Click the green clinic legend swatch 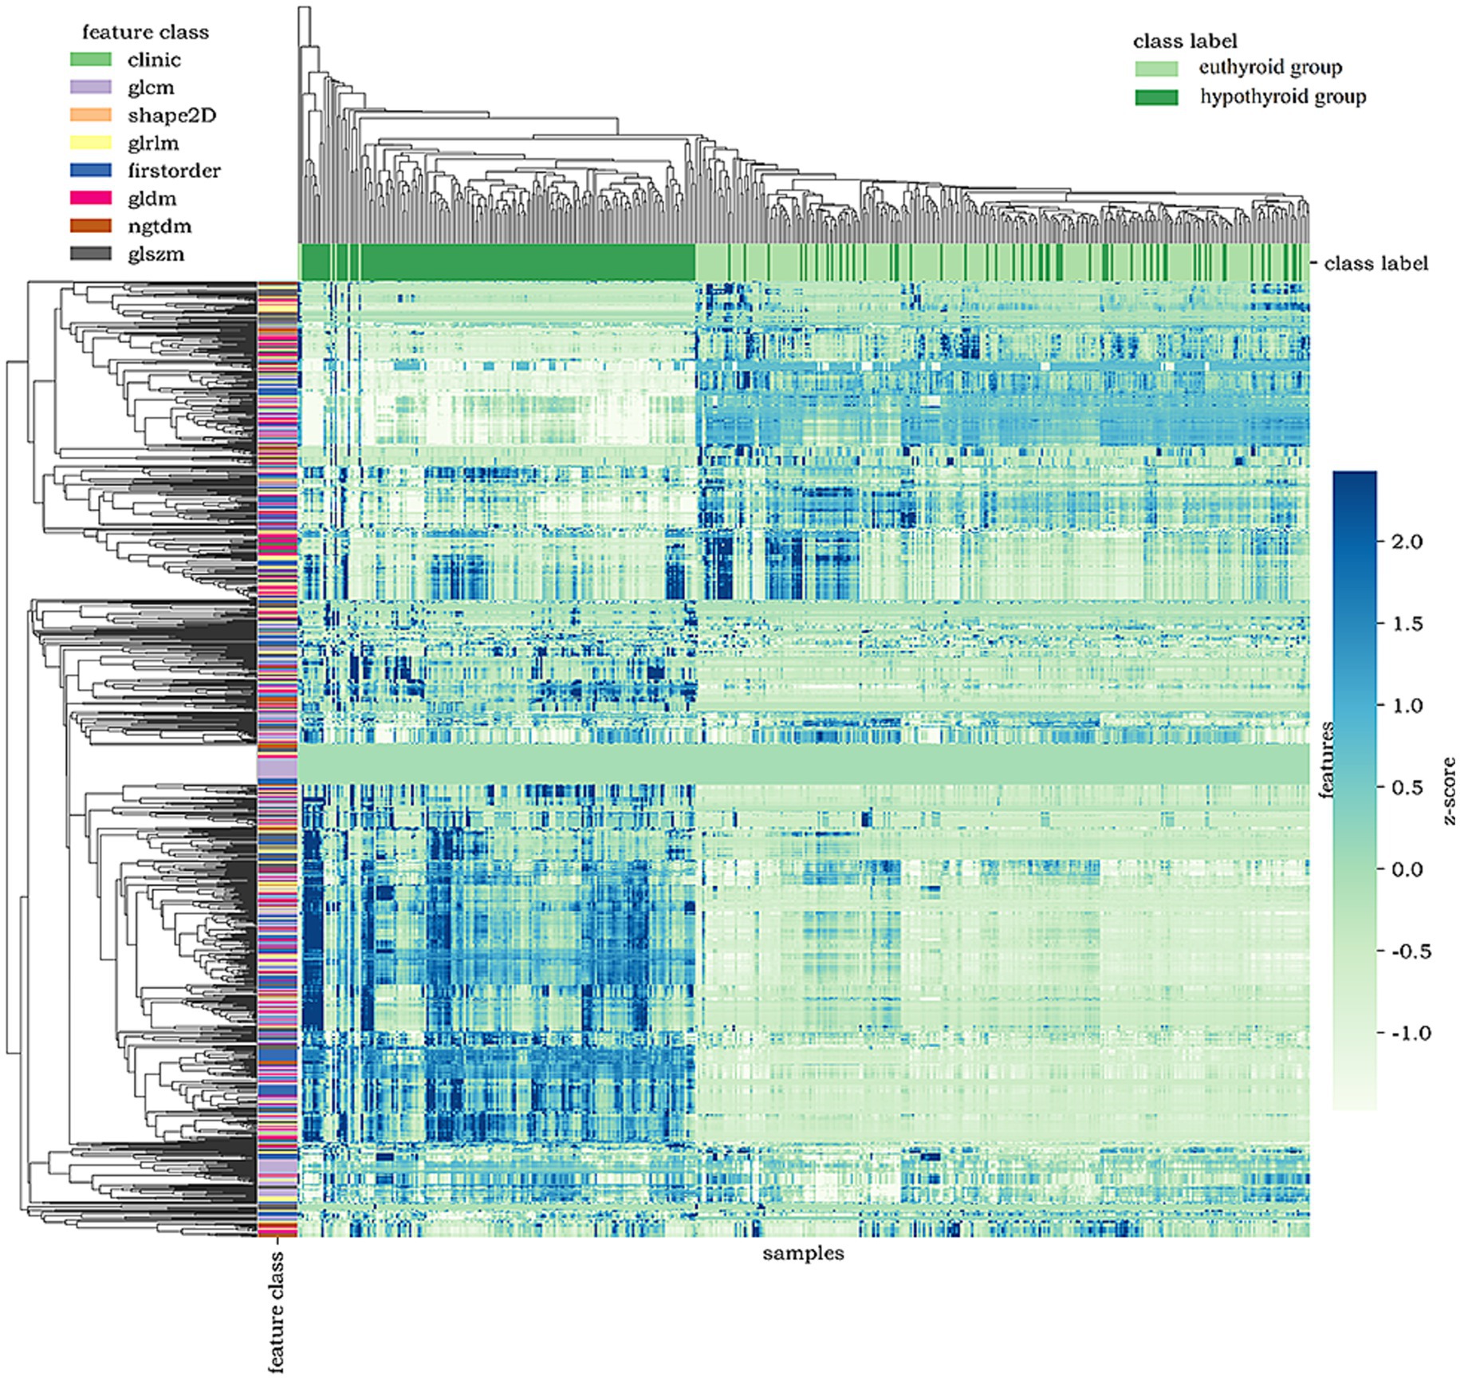tap(90, 60)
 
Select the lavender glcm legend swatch tap(90, 88)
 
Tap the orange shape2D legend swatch tap(90, 116)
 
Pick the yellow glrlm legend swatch tap(90, 144)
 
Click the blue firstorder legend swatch tap(90, 171)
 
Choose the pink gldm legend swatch tap(90, 199)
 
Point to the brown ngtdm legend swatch tap(90, 227)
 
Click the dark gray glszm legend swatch tap(90, 254)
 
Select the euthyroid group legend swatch tap(1156, 69)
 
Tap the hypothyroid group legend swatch tap(1156, 97)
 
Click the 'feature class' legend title tap(145, 33)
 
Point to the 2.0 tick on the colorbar tap(1407, 542)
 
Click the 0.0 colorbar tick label tap(1407, 869)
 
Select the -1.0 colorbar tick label tap(1410, 1034)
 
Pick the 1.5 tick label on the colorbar tap(1407, 624)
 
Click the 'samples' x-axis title tap(803, 1254)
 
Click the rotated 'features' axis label tap(1325, 759)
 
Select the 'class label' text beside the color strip tap(1375, 264)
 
